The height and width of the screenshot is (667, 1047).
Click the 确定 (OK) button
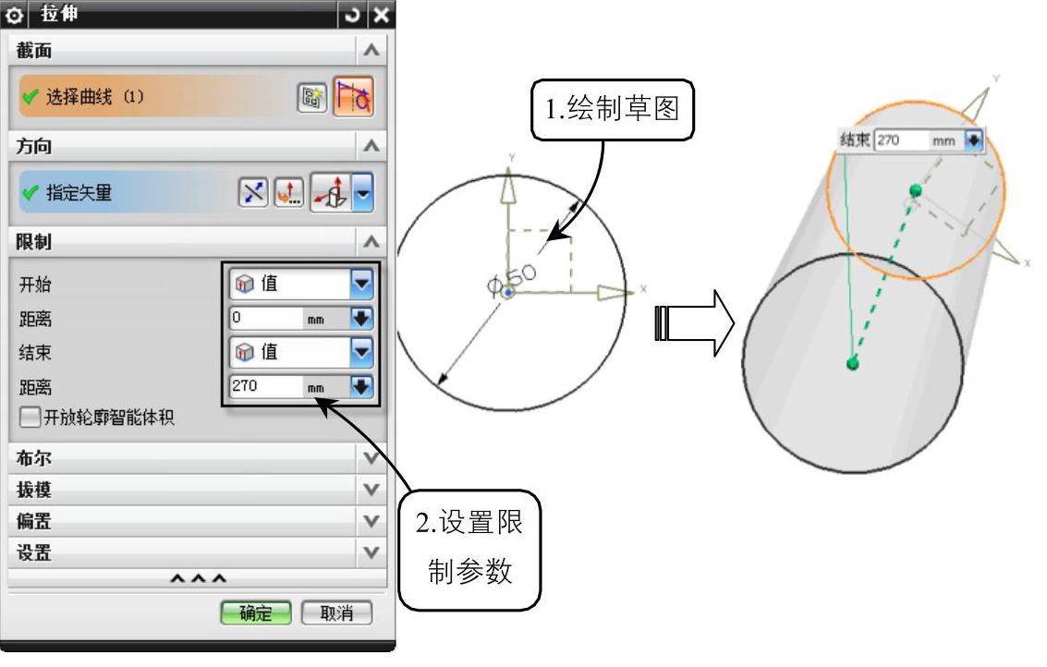255,612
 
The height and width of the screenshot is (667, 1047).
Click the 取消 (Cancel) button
336,612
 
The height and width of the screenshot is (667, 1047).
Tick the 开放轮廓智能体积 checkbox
30,418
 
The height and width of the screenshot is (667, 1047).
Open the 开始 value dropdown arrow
361,285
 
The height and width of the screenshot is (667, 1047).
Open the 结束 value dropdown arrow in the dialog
361,352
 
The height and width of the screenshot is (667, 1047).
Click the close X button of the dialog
380,16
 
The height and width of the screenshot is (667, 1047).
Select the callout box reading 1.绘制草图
611,108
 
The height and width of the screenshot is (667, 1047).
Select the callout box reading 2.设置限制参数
469,549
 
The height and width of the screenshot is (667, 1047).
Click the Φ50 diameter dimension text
511,277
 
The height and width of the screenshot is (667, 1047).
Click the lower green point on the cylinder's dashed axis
852,363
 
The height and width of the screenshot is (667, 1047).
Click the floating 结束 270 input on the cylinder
901,141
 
